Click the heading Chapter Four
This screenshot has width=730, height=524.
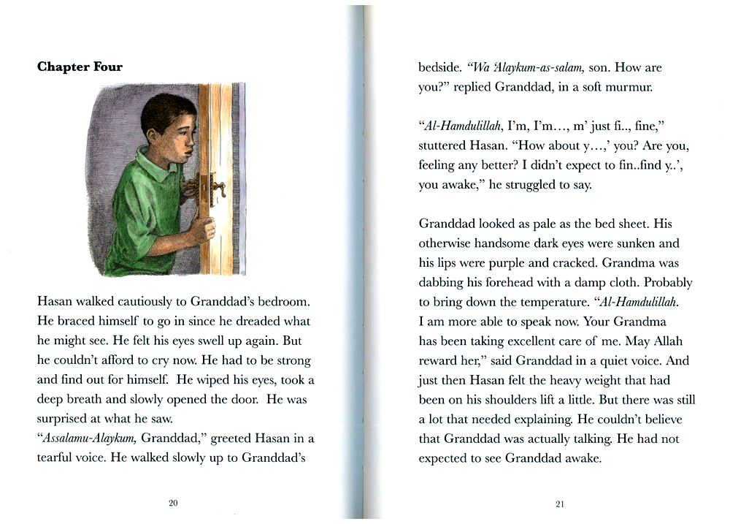click(80, 67)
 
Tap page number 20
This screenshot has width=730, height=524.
click(173, 503)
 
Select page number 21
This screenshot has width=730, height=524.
click(560, 504)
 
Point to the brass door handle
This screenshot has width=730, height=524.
click(216, 186)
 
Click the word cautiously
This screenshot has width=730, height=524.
click(131, 302)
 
